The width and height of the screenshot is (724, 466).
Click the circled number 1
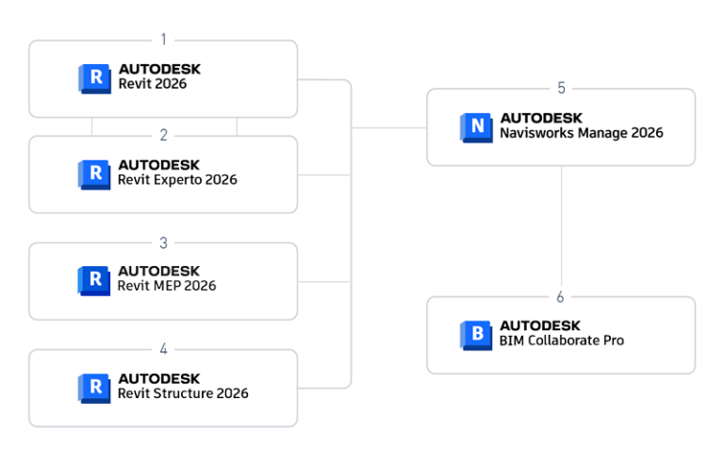(163, 40)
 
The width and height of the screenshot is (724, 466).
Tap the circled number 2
(163, 135)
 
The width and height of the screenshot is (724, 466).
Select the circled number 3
(163, 243)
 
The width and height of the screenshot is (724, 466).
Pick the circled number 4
(163, 349)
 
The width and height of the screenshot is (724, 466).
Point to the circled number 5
(561, 89)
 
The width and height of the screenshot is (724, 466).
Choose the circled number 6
(561, 297)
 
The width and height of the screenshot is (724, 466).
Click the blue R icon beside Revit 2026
(94, 77)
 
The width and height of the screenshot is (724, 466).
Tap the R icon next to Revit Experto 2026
(94, 174)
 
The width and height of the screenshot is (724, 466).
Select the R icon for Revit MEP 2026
(94, 279)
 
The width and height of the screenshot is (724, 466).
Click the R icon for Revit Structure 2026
(94, 387)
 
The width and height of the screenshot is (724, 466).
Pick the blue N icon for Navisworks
(477, 126)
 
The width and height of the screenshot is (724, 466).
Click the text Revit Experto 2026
(177, 180)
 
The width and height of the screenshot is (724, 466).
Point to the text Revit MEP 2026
(167, 286)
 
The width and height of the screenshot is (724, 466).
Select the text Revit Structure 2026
(183, 393)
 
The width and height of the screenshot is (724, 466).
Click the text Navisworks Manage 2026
(581, 133)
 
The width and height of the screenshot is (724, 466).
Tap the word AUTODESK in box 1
(159, 70)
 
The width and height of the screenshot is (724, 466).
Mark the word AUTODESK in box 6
(540, 325)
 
